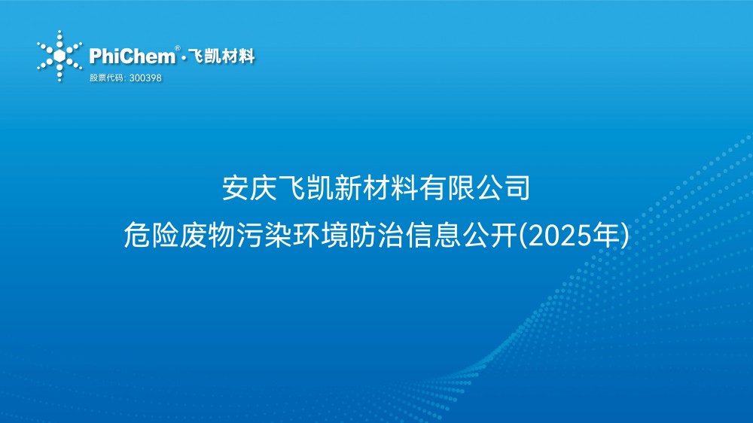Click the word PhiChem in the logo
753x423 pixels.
pos(131,56)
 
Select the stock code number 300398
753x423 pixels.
pos(146,78)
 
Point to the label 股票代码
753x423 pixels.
pos(105,78)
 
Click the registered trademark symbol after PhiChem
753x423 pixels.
pos(177,49)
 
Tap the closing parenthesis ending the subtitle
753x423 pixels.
pos(623,237)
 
